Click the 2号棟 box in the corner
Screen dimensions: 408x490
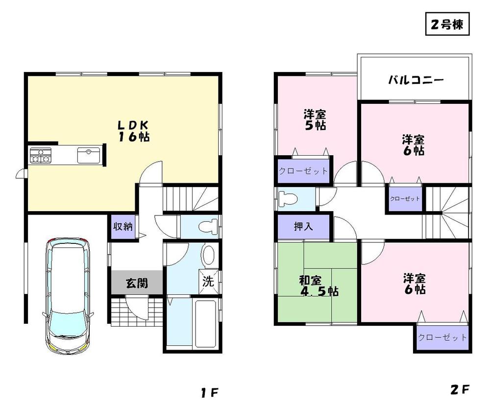[447, 24]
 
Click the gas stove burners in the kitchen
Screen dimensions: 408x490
[40, 156]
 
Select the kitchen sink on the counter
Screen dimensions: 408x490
[89, 155]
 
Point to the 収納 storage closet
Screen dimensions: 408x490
[122, 227]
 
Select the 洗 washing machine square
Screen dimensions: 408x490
[208, 283]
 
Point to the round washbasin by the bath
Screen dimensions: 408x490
[208, 255]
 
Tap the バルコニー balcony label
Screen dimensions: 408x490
[416, 79]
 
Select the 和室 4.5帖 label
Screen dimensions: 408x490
[318, 286]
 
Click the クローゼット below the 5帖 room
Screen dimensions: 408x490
[303, 171]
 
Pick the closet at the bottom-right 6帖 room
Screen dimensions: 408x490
[442, 338]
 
